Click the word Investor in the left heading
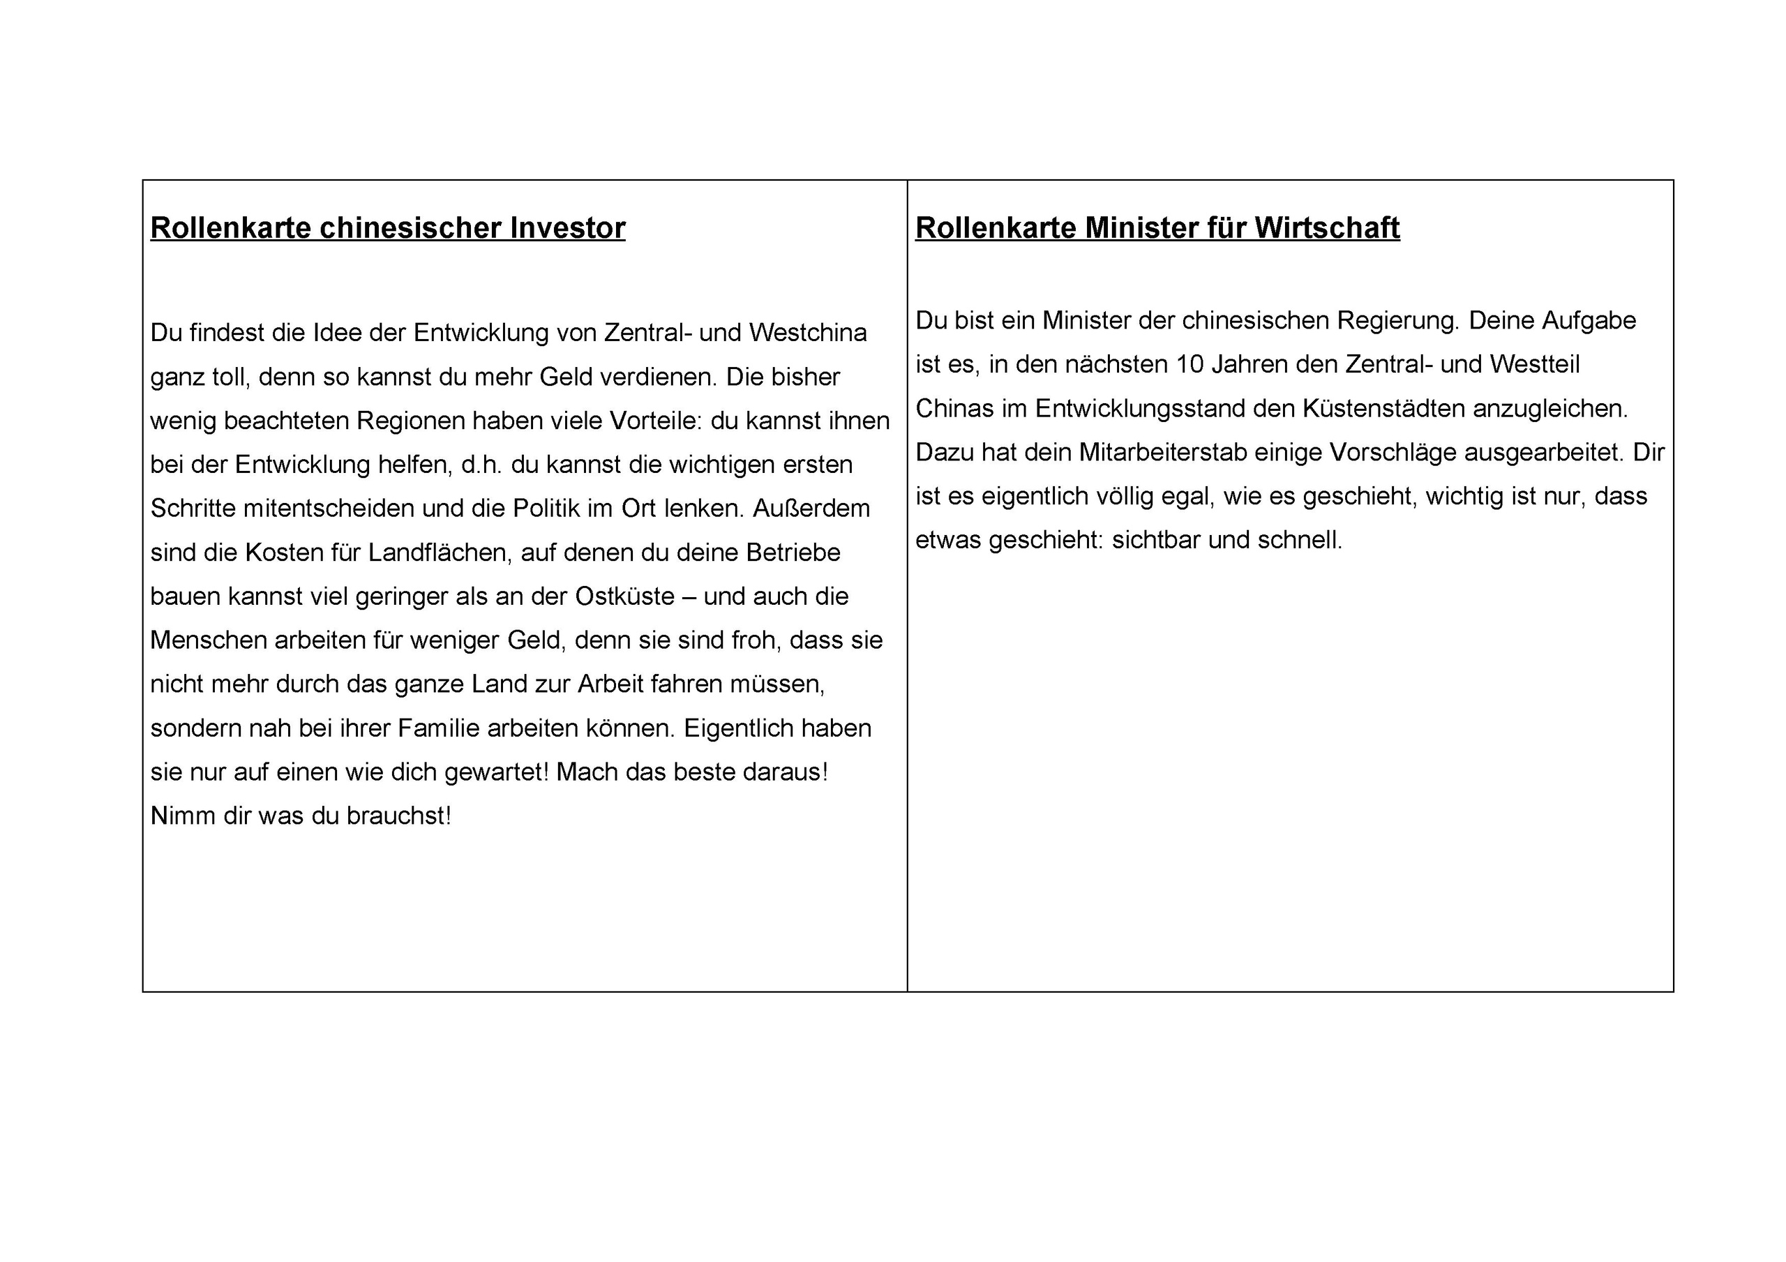point(567,228)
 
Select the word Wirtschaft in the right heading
point(1327,228)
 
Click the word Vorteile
point(655,421)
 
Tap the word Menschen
point(209,640)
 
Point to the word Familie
point(440,728)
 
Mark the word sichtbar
point(1156,540)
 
